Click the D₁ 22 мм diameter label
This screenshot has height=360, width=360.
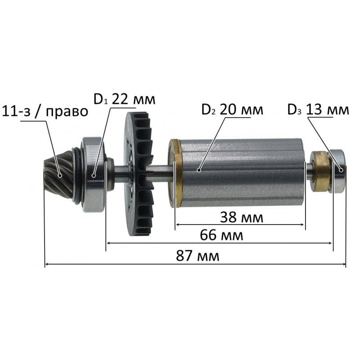pos(124,99)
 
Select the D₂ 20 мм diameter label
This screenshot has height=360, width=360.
pos(232,110)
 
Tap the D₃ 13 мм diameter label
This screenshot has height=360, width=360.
pos(318,110)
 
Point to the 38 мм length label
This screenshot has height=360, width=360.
pos(242,217)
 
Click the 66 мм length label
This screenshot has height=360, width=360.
pos(221,235)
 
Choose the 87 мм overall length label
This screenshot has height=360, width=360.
pos(198,256)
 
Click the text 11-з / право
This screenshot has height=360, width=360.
pos(45,111)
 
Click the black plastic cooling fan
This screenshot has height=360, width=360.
pos(138,174)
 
